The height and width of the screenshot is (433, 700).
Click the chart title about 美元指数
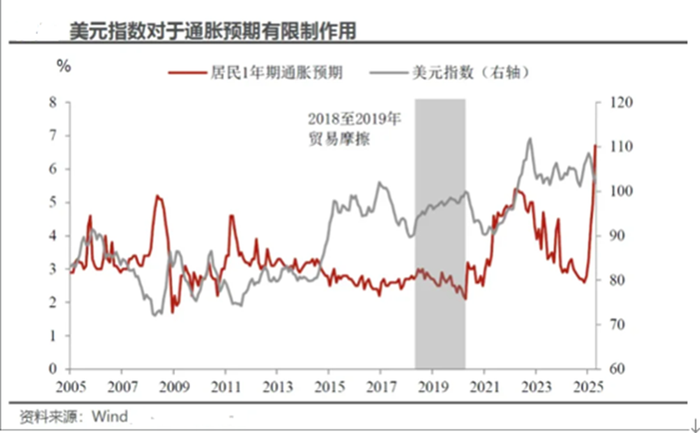212,31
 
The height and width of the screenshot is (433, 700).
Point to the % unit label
63,66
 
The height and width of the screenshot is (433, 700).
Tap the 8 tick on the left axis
54,102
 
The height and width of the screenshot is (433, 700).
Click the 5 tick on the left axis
54,202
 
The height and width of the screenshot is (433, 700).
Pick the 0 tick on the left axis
54,369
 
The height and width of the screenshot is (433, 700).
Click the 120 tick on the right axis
609,102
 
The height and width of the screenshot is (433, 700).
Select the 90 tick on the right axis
606,236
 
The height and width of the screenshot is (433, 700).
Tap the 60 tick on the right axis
606,369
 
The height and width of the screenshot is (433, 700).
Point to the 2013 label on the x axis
276,385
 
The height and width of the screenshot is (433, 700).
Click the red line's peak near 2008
158,197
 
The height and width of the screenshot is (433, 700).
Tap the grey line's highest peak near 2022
530,139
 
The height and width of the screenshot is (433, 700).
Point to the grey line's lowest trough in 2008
155,315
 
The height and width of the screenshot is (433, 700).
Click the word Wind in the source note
111,418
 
